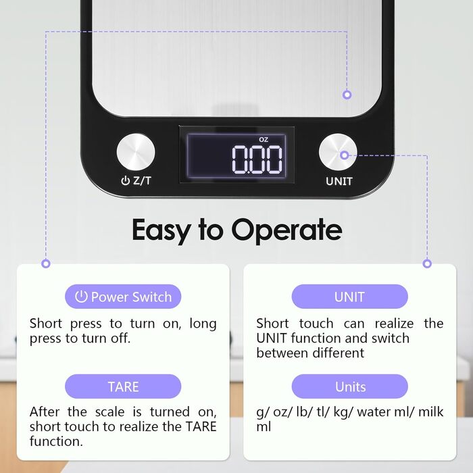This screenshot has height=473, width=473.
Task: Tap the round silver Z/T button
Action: [136, 152]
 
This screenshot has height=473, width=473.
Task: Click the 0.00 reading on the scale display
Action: [257, 159]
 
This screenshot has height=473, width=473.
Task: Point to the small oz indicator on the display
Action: [264, 139]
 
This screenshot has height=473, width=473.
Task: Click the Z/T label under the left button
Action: [142, 180]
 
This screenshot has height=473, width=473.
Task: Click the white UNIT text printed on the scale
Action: [339, 181]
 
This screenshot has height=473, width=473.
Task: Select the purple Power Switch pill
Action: [123, 297]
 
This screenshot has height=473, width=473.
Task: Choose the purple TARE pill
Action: [123, 387]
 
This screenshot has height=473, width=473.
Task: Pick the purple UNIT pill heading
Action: [349, 297]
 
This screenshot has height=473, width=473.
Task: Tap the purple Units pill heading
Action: [349, 387]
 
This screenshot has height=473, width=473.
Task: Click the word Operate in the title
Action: [287, 231]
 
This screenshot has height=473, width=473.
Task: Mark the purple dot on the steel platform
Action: [347, 95]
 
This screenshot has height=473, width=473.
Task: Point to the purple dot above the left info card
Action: [46, 264]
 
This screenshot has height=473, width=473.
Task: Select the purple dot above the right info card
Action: [427, 264]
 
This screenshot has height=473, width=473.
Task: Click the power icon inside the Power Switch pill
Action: [81, 297]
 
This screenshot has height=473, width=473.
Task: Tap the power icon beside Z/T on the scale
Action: [125, 180]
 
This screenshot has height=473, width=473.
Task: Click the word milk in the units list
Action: [431, 412]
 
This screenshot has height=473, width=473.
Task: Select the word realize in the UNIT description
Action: [394, 324]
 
